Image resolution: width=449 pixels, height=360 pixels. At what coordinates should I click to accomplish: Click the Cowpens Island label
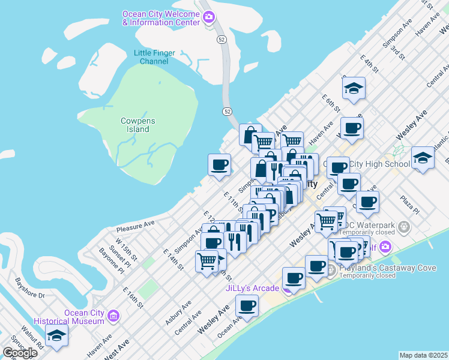point(137,125)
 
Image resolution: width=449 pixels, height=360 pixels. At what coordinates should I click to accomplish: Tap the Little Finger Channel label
point(154,57)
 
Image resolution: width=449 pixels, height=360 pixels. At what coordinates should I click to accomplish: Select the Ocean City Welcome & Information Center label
point(161,18)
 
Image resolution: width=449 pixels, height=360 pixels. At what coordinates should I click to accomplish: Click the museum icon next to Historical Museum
point(113,314)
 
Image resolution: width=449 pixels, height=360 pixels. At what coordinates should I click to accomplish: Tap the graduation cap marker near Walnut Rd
point(56,337)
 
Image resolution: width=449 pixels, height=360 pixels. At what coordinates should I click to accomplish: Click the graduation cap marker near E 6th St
point(354,89)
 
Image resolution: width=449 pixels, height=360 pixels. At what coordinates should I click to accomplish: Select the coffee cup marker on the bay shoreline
point(220,164)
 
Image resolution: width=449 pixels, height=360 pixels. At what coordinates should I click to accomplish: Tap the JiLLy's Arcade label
point(253,289)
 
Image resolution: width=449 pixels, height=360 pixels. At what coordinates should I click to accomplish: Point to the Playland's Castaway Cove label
point(387,268)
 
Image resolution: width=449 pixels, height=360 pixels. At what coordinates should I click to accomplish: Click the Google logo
point(20,352)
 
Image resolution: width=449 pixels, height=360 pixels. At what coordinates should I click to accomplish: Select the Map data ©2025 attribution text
point(423,355)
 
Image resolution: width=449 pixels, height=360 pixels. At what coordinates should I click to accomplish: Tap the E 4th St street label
point(369,65)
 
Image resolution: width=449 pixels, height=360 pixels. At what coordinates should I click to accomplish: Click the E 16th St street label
point(133,298)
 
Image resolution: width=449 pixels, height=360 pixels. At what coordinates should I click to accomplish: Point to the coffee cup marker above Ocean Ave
point(247,305)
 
